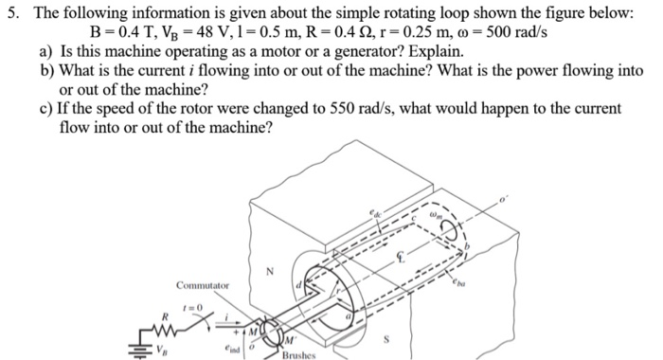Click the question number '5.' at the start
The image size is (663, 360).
click(x=11, y=11)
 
